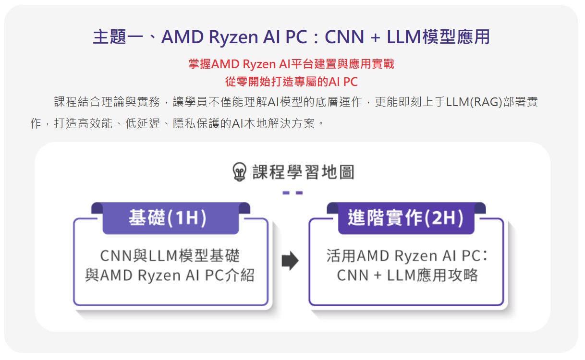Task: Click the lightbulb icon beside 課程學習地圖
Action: pyautogui.click(x=239, y=172)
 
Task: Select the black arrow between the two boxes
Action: pyautogui.click(x=290, y=261)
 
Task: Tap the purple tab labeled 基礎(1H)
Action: pyautogui.click(x=171, y=219)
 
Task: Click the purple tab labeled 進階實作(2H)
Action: pyautogui.click(x=406, y=219)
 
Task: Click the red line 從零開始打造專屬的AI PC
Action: pyautogui.click(x=292, y=82)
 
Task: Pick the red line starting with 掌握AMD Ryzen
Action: pyautogui.click(x=292, y=64)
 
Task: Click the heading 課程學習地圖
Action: pyautogui.click(x=303, y=172)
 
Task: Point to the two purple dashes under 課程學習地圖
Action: pyautogui.click(x=292, y=193)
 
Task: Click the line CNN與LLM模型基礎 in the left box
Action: pyautogui.click(x=170, y=255)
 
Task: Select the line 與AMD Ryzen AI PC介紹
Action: pyautogui.click(x=170, y=276)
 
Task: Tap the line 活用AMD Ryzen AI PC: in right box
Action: pyautogui.click(x=407, y=255)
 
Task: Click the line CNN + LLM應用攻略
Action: pyautogui.click(x=407, y=276)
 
